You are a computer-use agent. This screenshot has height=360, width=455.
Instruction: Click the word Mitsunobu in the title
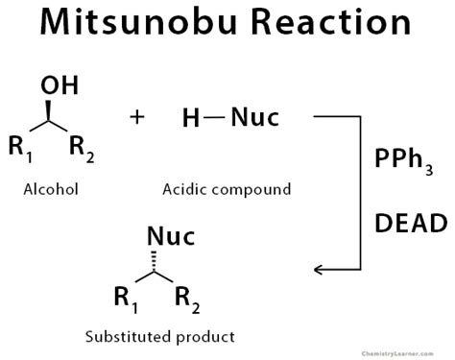click(x=138, y=22)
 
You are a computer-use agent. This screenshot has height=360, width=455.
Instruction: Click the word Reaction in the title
click(x=331, y=22)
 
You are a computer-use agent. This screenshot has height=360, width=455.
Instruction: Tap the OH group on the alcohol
click(x=60, y=85)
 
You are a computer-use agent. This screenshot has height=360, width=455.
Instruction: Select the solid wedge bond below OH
click(x=48, y=110)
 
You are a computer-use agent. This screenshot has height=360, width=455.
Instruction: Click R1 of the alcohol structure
click(x=20, y=149)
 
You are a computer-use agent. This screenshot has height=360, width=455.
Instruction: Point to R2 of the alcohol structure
click(x=82, y=149)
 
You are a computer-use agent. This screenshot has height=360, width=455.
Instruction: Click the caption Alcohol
click(x=51, y=189)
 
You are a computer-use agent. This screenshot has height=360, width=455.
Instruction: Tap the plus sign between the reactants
click(x=137, y=117)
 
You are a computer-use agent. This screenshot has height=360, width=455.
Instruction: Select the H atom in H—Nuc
click(x=191, y=118)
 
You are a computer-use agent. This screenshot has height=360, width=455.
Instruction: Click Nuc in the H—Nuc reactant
click(x=255, y=117)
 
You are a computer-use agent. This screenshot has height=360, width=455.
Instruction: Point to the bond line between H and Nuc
click(x=214, y=117)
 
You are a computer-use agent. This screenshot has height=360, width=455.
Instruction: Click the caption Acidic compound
click(x=227, y=189)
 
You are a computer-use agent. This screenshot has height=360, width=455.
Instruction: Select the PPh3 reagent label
click(x=404, y=161)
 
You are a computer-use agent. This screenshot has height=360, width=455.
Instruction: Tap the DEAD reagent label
click(x=411, y=223)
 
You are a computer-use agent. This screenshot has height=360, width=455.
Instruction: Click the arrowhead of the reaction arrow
click(x=319, y=270)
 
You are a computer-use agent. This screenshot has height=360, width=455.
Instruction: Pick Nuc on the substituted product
click(x=171, y=236)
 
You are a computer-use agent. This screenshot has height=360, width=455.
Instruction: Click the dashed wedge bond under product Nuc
click(x=154, y=261)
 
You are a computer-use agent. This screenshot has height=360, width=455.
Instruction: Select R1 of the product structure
click(x=126, y=300)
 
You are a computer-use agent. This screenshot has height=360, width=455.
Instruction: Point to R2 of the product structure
click(x=187, y=300)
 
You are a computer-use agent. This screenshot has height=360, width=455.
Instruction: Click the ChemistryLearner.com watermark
click(x=397, y=353)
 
